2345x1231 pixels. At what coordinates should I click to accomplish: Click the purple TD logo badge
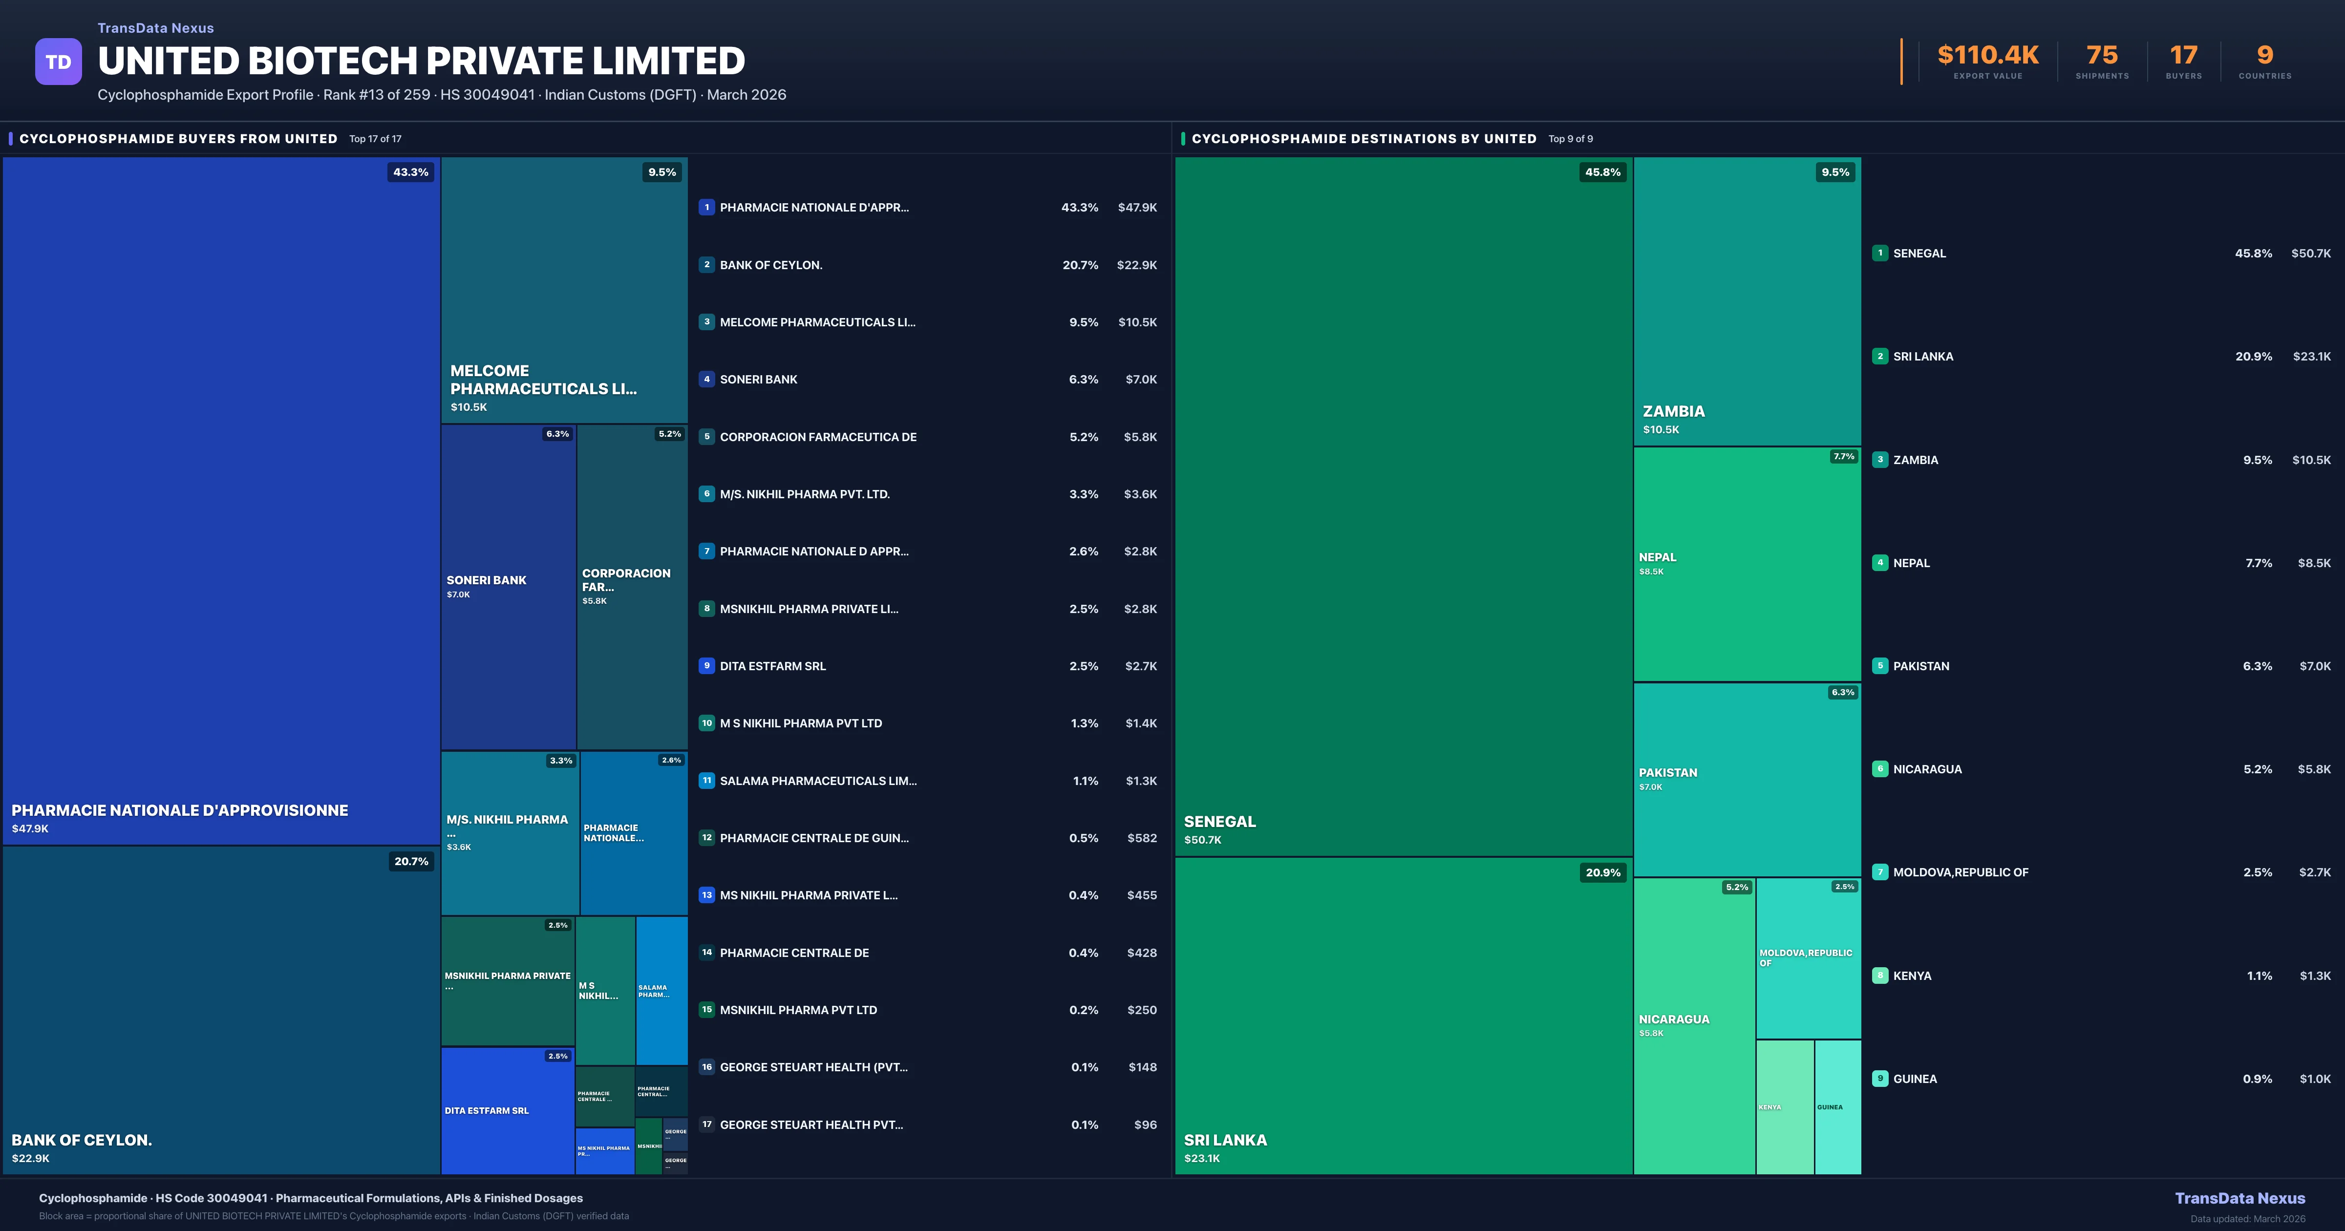click(x=58, y=62)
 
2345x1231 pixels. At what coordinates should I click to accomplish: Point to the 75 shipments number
click(x=2102, y=56)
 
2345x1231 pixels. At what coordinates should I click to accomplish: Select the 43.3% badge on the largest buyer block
click(x=410, y=172)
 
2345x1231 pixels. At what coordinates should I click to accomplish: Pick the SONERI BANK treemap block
click(x=508, y=587)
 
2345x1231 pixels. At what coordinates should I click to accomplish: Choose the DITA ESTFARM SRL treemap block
click(x=507, y=1111)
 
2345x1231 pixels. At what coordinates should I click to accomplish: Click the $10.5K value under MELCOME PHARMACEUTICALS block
click(x=469, y=407)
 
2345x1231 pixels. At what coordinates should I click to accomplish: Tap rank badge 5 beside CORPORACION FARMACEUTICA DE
click(x=706, y=437)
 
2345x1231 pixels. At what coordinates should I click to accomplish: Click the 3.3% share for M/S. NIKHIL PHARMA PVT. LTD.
click(x=1083, y=494)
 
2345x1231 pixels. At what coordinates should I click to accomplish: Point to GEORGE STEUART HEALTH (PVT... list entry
click(x=813, y=1067)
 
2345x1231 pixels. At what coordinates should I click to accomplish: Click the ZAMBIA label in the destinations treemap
click(x=1673, y=411)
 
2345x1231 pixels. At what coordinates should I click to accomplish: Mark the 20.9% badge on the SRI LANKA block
click(x=1603, y=872)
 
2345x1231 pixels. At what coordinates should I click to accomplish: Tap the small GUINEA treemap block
click(x=1837, y=1107)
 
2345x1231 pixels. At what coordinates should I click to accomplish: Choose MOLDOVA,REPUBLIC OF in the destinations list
click(x=1960, y=872)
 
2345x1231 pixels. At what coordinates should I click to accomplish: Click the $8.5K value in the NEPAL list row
click(x=2313, y=563)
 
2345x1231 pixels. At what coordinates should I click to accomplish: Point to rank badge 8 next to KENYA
click(x=1880, y=975)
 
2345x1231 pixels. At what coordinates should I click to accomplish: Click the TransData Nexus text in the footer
click(x=2239, y=1198)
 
